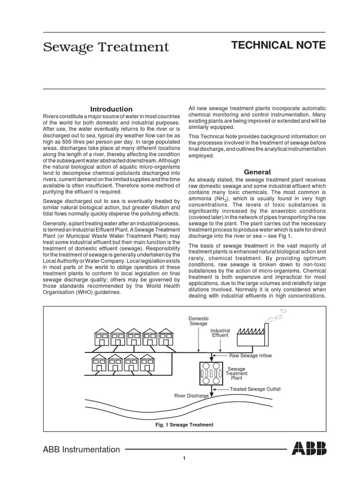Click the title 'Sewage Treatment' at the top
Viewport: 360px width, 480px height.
coord(106,47)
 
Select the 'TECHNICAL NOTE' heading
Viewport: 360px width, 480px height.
coord(278,45)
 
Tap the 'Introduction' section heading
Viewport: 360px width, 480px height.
coord(111,109)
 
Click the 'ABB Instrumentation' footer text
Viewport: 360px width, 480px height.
coord(82,450)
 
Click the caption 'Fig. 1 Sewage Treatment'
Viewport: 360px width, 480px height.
coord(184,425)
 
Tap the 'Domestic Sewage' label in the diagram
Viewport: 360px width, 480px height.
coord(199,321)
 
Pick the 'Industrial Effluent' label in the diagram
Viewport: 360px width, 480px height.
coord(220,333)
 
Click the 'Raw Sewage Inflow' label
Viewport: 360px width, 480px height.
coord(250,356)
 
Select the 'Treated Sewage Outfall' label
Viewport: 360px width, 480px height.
coord(255,389)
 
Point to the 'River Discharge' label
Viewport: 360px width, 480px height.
coord(192,396)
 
